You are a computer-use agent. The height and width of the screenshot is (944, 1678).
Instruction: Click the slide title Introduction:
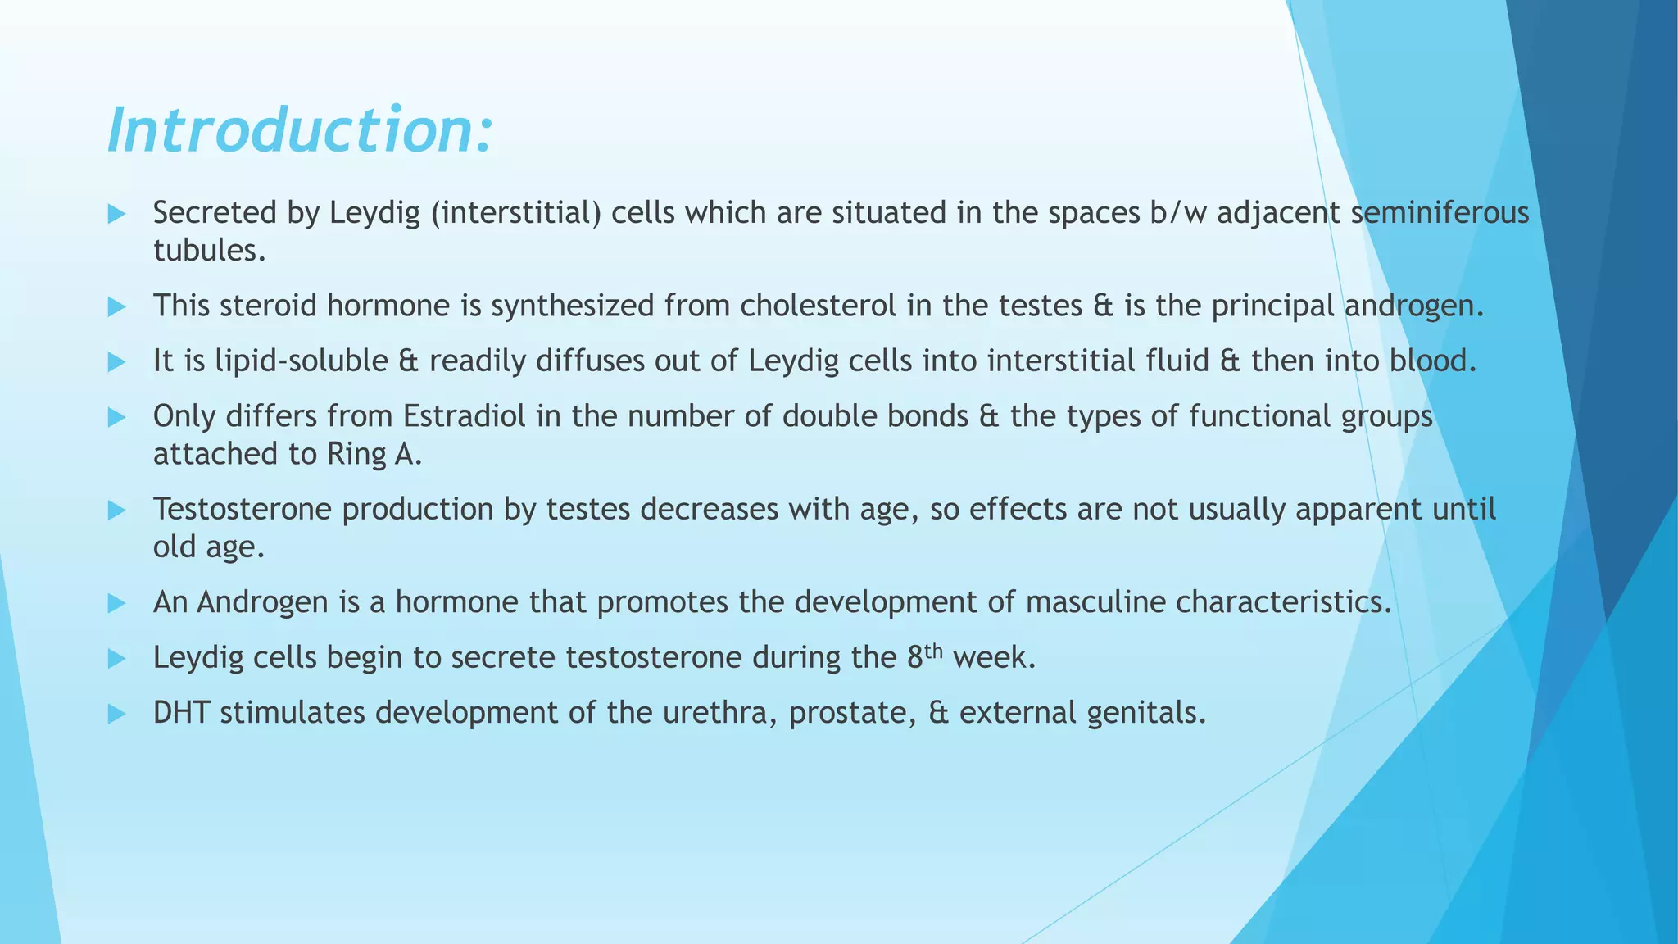[x=300, y=131]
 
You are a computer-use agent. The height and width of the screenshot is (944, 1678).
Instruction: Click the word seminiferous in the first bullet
[x=1440, y=213]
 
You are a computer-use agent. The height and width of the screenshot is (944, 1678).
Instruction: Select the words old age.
[x=208, y=547]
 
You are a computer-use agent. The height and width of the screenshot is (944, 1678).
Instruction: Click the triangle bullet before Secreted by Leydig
[x=116, y=215]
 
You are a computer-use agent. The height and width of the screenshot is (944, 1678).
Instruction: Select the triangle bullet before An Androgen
[x=116, y=604]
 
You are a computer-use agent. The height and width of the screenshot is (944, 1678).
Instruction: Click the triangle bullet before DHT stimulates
[x=116, y=714]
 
